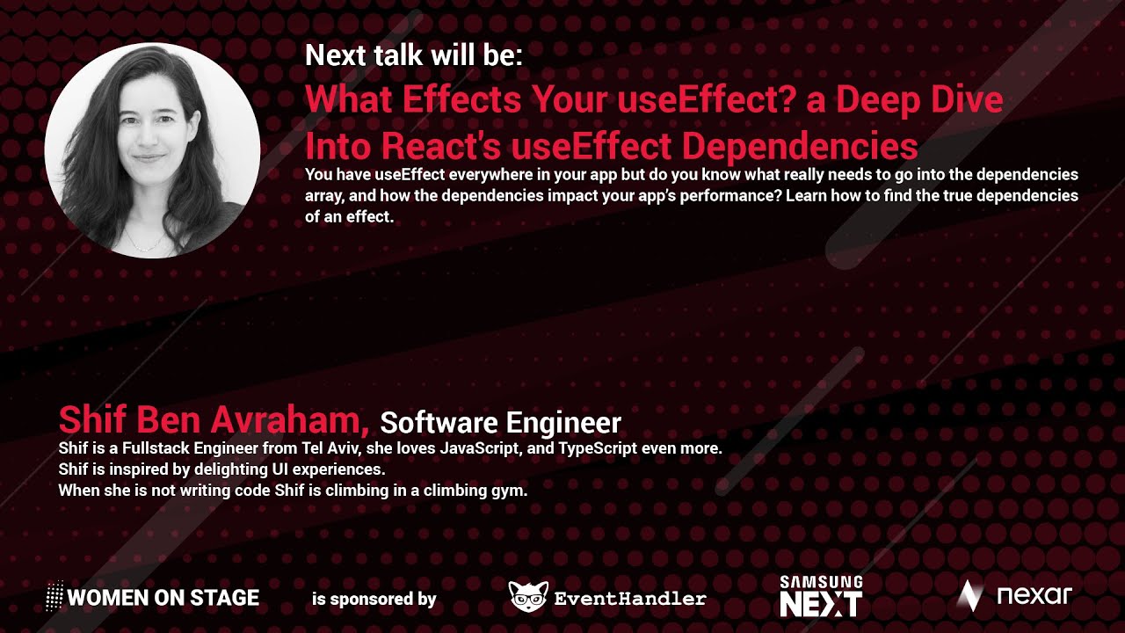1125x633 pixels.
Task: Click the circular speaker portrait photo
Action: tap(152, 149)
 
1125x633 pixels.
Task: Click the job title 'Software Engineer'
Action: tap(500, 423)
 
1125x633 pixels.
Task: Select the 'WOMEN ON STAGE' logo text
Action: tap(163, 599)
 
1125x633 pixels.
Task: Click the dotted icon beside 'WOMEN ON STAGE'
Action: tap(54, 597)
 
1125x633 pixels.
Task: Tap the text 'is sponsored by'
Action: tap(374, 600)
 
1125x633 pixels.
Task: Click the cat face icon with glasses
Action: tap(528, 597)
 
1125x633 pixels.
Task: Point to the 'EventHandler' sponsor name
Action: tap(630, 600)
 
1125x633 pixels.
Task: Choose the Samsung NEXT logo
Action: tap(821, 596)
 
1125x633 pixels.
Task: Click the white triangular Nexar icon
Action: tap(969, 596)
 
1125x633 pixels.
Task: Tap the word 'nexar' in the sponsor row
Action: tap(1034, 596)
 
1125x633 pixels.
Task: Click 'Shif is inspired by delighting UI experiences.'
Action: tap(221, 469)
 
